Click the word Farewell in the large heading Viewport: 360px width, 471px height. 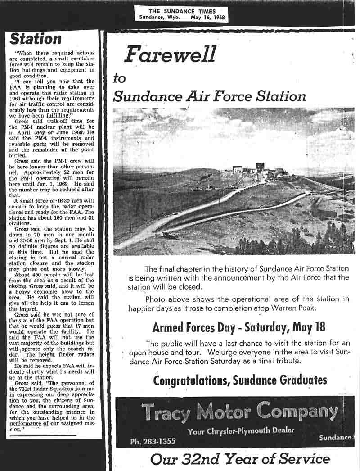tap(170, 55)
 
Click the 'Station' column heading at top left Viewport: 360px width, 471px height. tap(36, 39)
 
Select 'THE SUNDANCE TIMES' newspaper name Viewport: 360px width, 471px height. tap(182, 11)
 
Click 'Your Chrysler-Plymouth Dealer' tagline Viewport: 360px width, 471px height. tap(241, 431)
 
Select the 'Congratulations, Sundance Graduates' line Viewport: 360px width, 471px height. tap(240, 380)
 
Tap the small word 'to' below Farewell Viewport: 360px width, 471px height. tap(119, 78)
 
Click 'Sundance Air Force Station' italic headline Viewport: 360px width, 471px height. tap(209, 96)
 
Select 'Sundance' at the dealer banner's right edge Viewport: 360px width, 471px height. tap(335, 437)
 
